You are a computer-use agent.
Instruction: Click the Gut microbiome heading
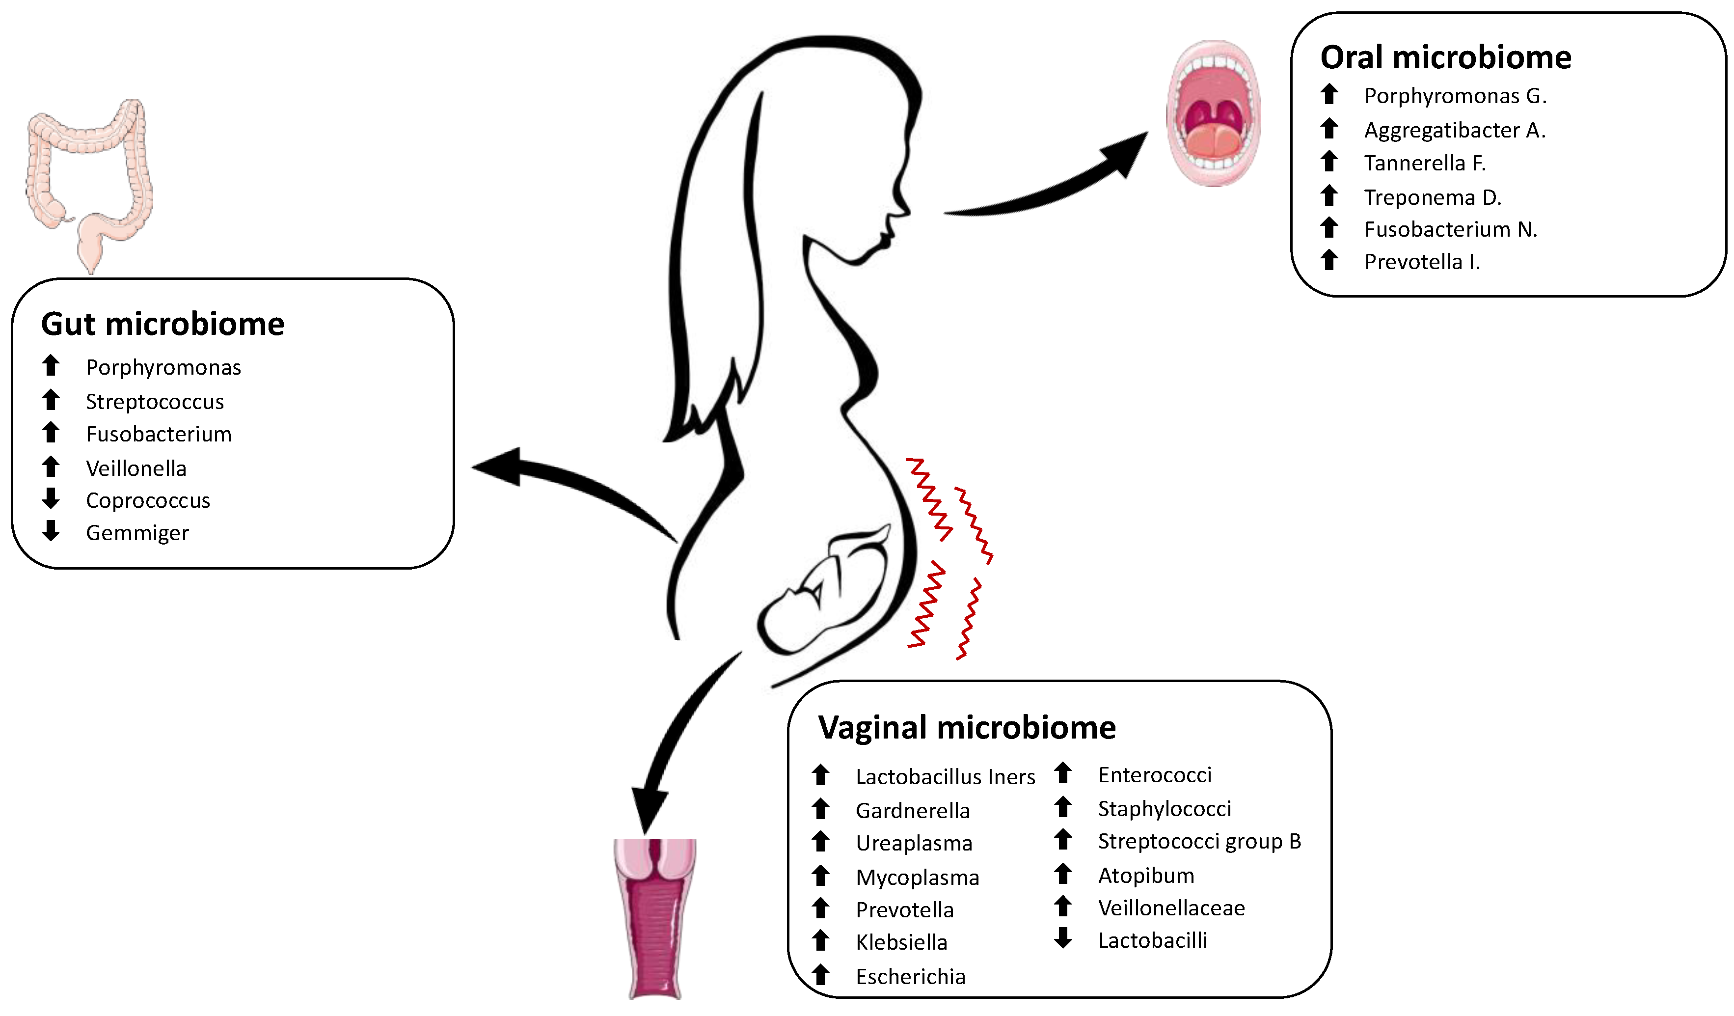pyautogui.click(x=163, y=324)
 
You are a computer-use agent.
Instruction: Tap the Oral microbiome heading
pyautogui.click(x=1445, y=57)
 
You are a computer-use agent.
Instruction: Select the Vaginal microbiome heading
pyautogui.click(x=966, y=728)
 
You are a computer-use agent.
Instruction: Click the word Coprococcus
pyautogui.click(x=148, y=500)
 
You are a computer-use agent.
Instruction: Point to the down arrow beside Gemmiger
pyautogui.click(x=51, y=531)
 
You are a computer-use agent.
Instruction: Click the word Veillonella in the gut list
pyautogui.click(x=136, y=468)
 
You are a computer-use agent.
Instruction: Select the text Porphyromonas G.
pyautogui.click(x=1455, y=96)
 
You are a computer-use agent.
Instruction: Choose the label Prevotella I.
pyautogui.click(x=1422, y=262)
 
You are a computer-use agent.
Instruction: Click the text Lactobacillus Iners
pyautogui.click(x=945, y=776)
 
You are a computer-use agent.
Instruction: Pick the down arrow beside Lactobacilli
pyautogui.click(x=1063, y=938)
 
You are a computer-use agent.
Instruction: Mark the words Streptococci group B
pyautogui.click(x=1199, y=841)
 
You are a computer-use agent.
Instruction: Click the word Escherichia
pyautogui.click(x=910, y=976)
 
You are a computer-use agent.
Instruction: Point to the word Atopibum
pyautogui.click(x=1146, y=876)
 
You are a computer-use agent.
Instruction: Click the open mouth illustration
pyautogui.click(x=1214, y=113)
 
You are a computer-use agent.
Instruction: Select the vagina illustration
pyautogui.click(x=654, y=919)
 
